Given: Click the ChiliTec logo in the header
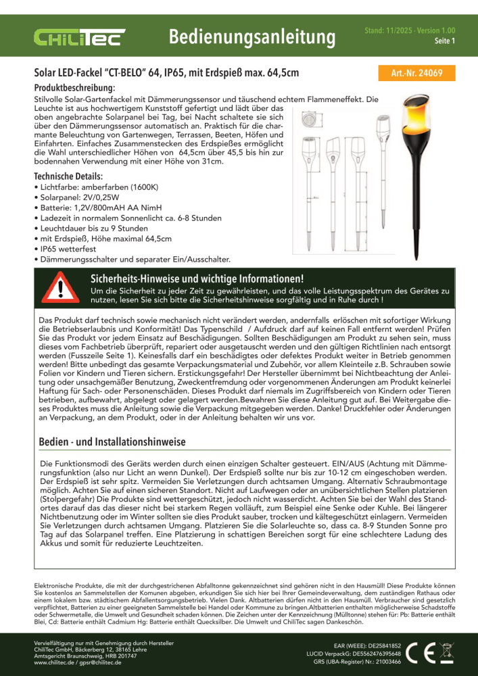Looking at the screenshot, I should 80,35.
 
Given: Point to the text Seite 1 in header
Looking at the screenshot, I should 444,41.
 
